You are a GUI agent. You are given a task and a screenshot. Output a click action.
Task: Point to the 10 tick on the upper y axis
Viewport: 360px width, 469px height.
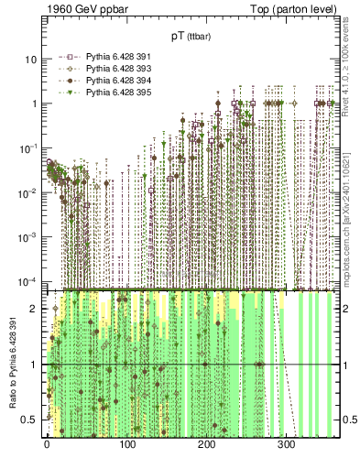coord(30,60)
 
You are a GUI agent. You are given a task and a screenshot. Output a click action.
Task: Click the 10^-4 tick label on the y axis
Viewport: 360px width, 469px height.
coord(27,280)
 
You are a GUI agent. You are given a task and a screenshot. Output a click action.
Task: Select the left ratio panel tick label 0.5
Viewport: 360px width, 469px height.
coord(30,420)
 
